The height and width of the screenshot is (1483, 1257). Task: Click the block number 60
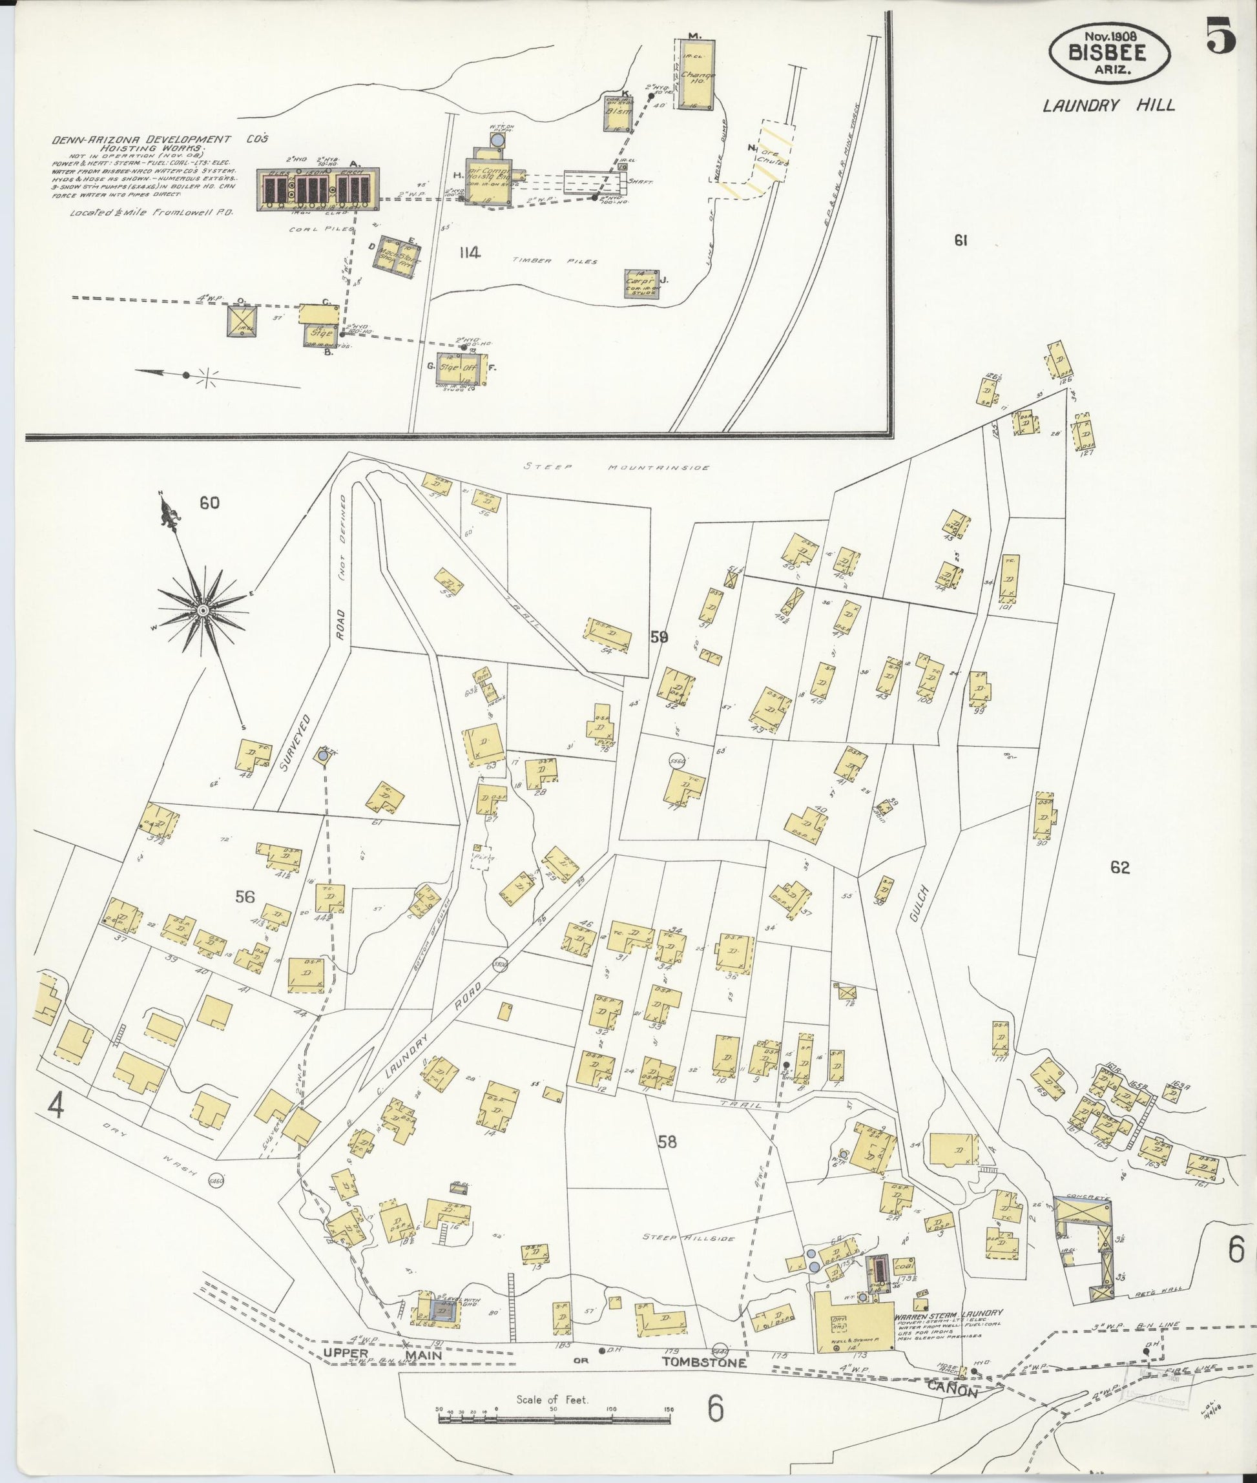point(209,503)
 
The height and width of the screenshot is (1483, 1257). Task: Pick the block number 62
point(1119,867)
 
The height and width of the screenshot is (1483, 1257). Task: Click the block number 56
point(244,897)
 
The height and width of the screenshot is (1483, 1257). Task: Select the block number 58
point(667,1143)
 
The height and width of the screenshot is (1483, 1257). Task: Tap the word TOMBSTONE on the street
point(703,1363)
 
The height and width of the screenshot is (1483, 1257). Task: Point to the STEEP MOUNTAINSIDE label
point(617,468)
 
